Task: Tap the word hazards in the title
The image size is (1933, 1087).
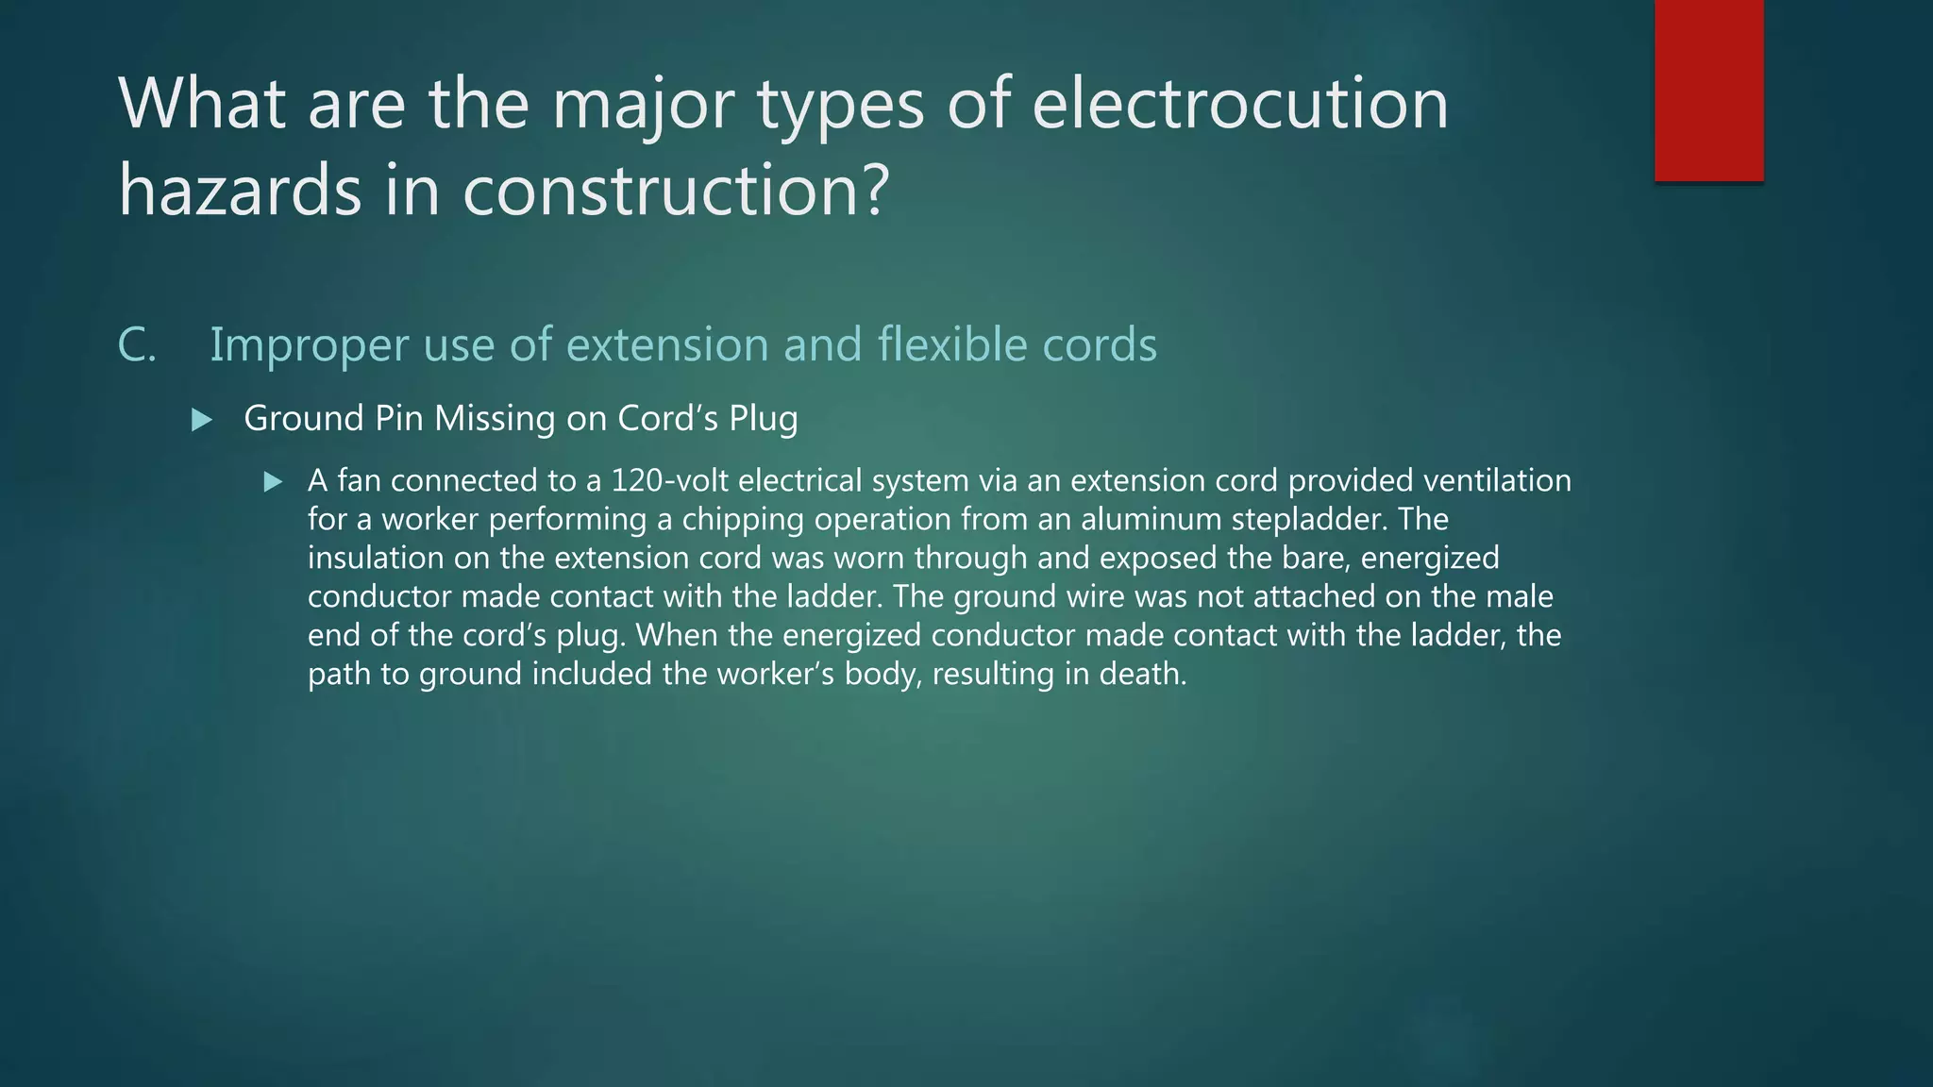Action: pyautogui.click(x=240, y=190)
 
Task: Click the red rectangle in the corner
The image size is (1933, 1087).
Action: pyautogui.click(x=1708, y=91)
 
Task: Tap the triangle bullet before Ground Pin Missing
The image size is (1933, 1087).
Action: pyautogui.click(x=201, y=420)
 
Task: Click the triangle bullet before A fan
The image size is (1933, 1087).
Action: pyautogui.click(x=273, y=482)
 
